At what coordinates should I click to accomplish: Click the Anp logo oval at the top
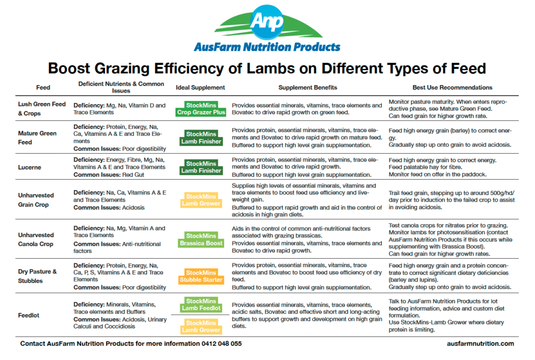tap(267, 21)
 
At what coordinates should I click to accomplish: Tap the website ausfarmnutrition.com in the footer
tap(481, 344)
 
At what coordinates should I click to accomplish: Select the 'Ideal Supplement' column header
tap(201, 88)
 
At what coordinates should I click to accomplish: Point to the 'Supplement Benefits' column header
tap(308, 88)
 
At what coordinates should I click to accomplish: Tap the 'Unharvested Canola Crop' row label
tap(36, 239)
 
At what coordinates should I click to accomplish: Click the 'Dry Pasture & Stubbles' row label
tap(38, 276)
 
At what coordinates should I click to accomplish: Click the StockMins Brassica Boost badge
tap(201, 239)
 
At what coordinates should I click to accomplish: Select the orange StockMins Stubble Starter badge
tap(201, 276)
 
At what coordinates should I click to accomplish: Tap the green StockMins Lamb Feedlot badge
tap(201, 305)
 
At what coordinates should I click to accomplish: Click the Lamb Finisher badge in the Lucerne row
tap(201, 167)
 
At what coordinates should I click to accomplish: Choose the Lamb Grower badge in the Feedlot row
tap(201, 327)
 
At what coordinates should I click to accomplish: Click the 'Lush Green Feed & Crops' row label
tap(41, 109)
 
